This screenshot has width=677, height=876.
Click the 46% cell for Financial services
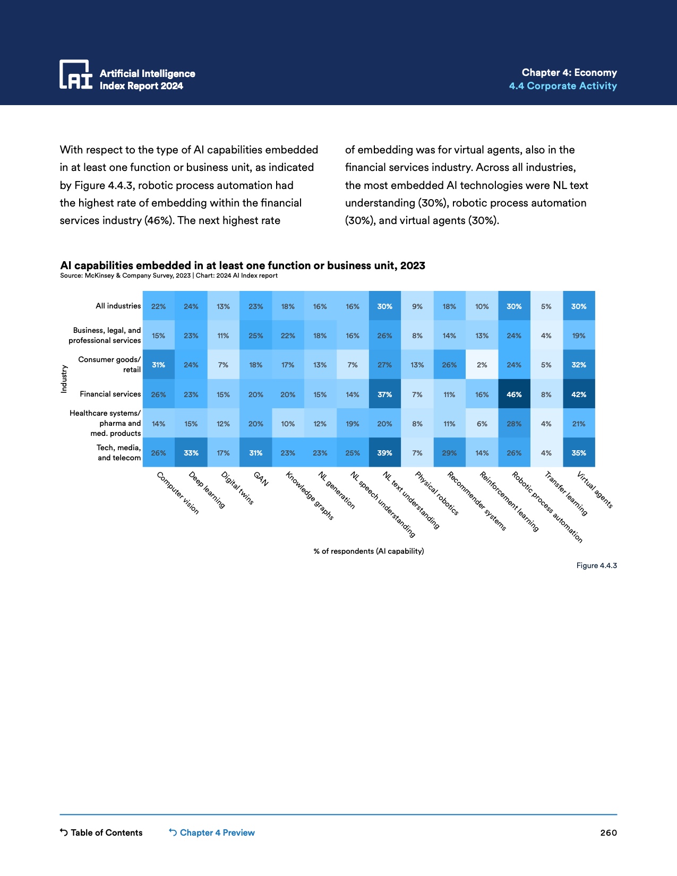point(514,394)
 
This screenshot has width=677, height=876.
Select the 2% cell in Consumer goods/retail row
point(482,365)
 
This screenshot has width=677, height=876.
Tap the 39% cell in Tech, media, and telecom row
point(384,453)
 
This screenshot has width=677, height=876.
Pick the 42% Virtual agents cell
point(579,394)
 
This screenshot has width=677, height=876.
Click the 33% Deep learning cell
point(191,453)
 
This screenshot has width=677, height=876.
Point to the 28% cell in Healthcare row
point(514,424)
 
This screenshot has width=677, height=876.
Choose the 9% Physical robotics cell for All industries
point(417,306)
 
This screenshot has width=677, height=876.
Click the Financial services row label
point(110,394)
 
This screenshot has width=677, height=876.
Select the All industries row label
point(118,306)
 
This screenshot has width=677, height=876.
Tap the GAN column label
point(261,479)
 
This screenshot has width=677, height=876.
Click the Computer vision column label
point(178,493)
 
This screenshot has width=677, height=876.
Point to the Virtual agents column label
point(595,490)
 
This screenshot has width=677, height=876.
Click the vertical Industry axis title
point(64,379)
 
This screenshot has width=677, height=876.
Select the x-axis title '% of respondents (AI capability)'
point(369,551)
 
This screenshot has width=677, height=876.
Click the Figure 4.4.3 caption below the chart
point(596,565)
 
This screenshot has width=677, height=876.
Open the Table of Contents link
point(101,832)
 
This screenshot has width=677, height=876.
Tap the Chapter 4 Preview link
point(212,832)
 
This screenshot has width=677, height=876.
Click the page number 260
point(609,832)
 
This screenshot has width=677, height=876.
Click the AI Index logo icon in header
point(75,74)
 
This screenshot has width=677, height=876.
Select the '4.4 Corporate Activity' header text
point(563,86)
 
